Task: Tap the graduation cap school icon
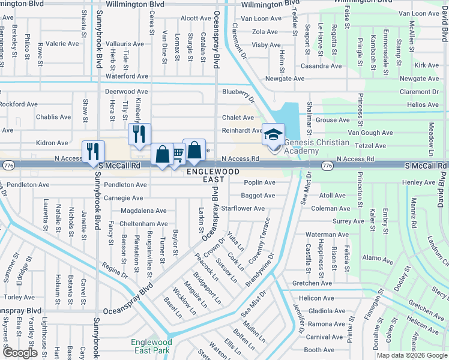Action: (273, 135)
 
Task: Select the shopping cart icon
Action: (178, 155)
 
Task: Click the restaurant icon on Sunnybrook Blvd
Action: (93, 151)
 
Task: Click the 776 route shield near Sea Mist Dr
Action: (327, 165)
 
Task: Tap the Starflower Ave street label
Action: (243, 209)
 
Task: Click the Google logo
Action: (20, 353)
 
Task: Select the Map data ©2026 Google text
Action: (411, 355)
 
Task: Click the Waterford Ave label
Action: (127, 76)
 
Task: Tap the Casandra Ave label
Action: (321, 66)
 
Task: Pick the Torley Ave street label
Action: (20, 297)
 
